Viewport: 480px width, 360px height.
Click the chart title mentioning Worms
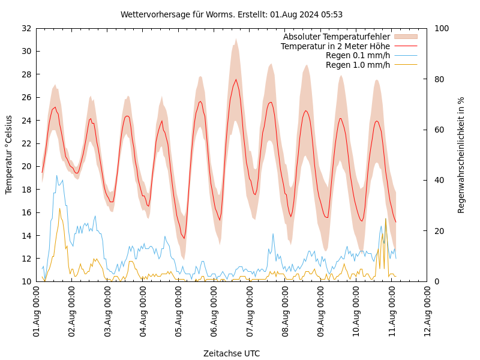[232, 14]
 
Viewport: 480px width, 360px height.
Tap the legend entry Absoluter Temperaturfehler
[337, 37]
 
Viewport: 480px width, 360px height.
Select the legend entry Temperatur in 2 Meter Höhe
[335, 46]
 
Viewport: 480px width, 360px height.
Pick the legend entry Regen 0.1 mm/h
[358, 56]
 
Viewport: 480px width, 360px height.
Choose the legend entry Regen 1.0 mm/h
[358, 65]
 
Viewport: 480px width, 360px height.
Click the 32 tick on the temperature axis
[26, 28]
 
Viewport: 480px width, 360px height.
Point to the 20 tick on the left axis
[26, 166]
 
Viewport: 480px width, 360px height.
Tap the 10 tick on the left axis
[26, 281]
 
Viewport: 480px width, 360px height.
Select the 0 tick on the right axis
[436, 281]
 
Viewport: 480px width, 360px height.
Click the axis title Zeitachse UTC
[232, 353]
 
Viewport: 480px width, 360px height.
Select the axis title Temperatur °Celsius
[9, 155]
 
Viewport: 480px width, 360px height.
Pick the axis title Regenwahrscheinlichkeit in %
[461, 155]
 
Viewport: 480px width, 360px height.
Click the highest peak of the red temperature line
[236, 79]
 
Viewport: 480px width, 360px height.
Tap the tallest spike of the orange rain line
[385, 218]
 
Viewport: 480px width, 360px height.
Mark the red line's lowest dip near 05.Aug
[184, 238]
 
